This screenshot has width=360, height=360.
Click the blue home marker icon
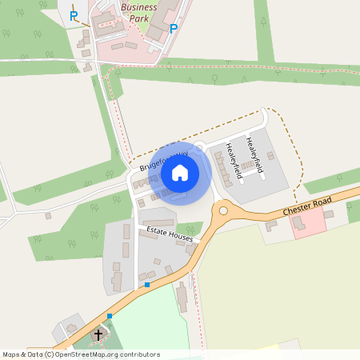(x=180, y=172)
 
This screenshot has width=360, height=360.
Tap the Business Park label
(x=138, y=11)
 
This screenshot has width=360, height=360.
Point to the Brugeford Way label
(x=163, y=159)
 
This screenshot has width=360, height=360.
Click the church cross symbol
(x=98, y=334)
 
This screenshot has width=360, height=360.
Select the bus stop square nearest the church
(x=110, y=316)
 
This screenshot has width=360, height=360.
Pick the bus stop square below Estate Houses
(x=147, y=284)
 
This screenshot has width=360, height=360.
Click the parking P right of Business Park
(x=174, y=29)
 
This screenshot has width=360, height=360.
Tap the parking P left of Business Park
(x=74, y=15)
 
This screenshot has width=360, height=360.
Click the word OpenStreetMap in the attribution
(x=82, y=354)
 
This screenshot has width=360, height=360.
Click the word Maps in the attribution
(x=12, y=354)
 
